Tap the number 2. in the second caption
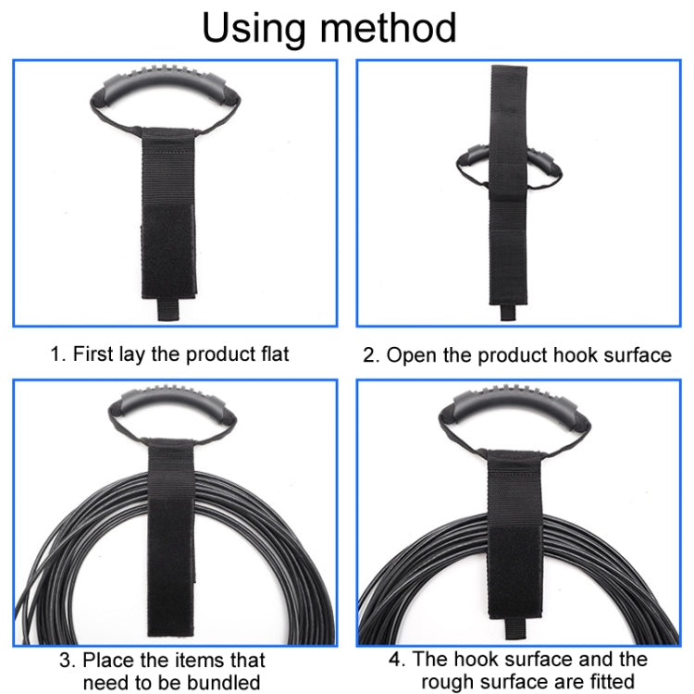[372, 355]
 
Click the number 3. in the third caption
[68, 660]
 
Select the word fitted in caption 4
[605, 683]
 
